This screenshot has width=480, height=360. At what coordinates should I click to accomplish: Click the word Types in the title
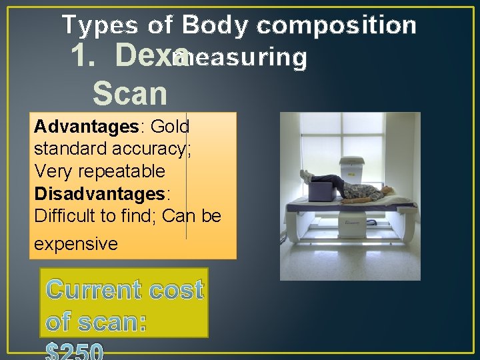[101, 26]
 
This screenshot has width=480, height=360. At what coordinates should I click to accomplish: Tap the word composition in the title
[336, 26]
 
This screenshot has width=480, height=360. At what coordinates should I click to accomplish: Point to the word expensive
[75, 243]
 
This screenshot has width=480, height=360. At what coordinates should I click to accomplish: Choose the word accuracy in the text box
[143, 149]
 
